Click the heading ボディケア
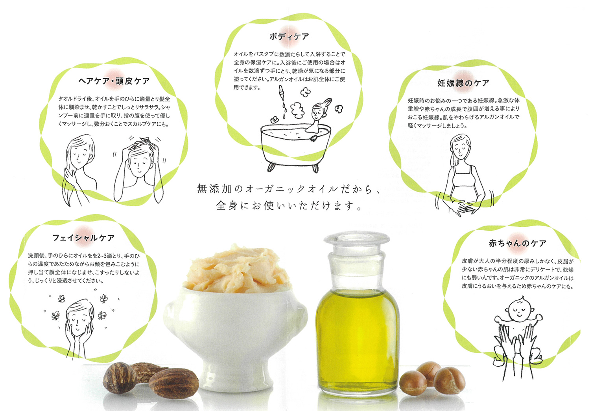[x=289, y=36]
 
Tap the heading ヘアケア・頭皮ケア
[x=114, y=81]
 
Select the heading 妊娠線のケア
[x=463, y=83]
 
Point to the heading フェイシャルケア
[x=83, y=238]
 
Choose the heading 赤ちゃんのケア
[x=517, y=243]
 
